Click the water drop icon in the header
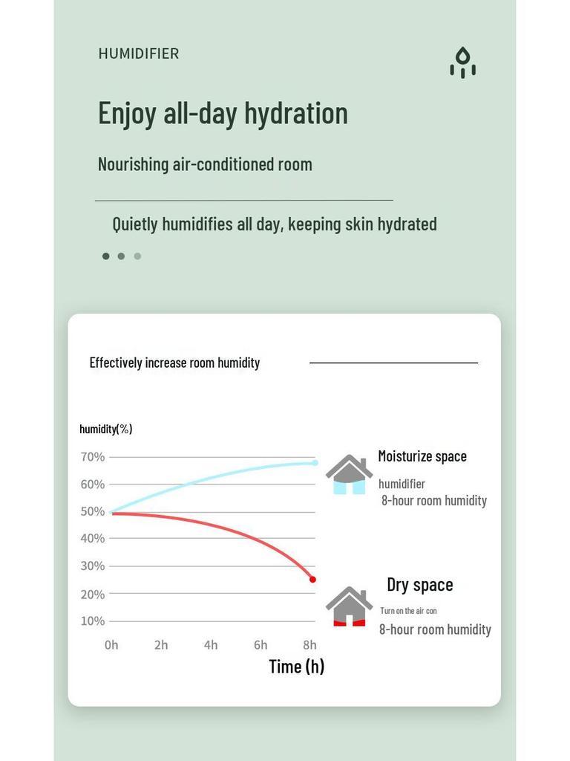coord(462,62)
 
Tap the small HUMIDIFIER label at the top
coord(139,54)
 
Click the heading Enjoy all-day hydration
coord(223,113)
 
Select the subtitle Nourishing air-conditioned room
coord(205,164)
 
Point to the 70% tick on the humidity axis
coord(93,457)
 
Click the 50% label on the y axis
coord(93,511)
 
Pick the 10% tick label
coord(93,621)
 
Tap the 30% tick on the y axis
coord(93,566)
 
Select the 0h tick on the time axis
coord(111,645)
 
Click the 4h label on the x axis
coord(211,645)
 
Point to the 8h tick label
coord(309,645)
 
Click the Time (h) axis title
coord(296,667)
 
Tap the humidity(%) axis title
coord(106,429)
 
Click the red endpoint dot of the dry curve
coord(312,580)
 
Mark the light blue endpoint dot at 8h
coord(315,463)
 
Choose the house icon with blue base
coord(349,475)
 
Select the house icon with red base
coord(349,606)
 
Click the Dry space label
coord(419,585)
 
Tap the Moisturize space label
coord(422,456)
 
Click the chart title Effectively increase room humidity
coord(174,363)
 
